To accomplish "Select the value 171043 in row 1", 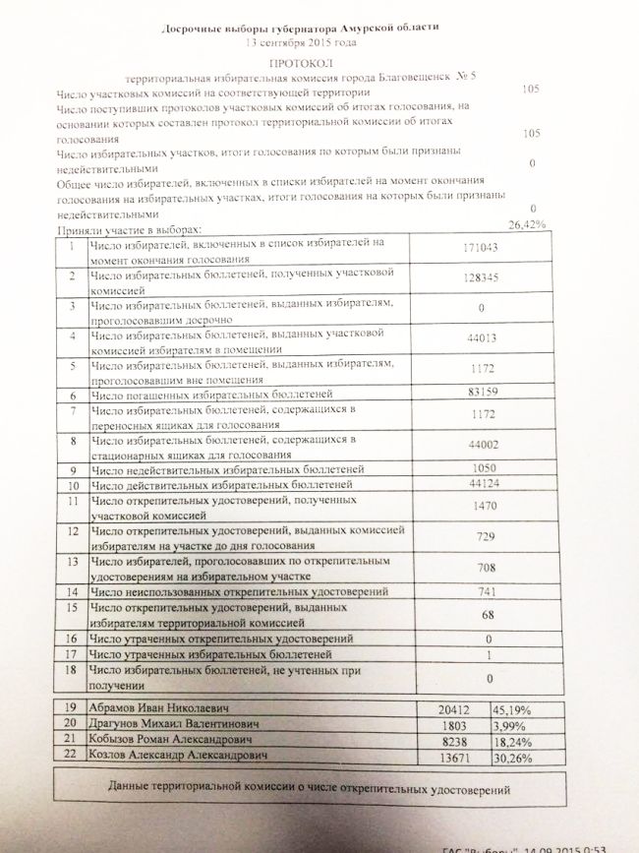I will click(x=482, y=247).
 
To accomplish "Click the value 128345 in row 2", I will click(x=482, y=277).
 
